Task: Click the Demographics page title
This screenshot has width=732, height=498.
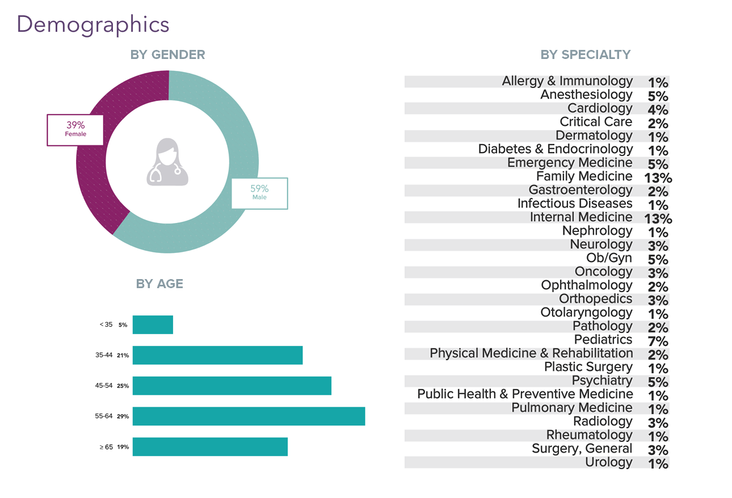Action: coord(93,24)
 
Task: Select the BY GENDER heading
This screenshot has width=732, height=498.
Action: coord(167,54)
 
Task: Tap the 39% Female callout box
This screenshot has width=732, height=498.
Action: coord(75,130)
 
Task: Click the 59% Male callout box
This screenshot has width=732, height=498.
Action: coord(259,193)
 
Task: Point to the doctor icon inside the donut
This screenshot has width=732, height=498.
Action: coord(167,162)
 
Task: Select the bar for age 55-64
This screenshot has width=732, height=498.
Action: coord(249,416)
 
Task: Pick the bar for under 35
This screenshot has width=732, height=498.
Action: coord(153,325)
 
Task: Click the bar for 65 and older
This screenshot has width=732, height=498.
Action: coord(210,447)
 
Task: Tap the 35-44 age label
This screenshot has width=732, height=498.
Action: coord(104,356)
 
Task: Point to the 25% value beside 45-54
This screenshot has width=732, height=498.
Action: coord(123,386)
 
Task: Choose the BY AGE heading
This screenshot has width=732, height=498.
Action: coord(159,284)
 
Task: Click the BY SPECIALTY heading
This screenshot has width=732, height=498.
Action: coord(586,54)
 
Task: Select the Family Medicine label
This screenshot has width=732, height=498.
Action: coord(584,176)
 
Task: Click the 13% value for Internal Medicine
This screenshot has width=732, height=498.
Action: coord(658,218)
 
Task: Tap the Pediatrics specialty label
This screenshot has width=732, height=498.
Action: coord(603,340)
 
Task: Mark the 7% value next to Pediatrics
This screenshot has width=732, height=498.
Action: coord(658,341)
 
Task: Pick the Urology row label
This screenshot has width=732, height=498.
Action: coord(608,462)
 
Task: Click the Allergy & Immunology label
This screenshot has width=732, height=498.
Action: coord(567,81)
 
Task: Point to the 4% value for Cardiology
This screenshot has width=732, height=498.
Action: coord(658,109)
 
